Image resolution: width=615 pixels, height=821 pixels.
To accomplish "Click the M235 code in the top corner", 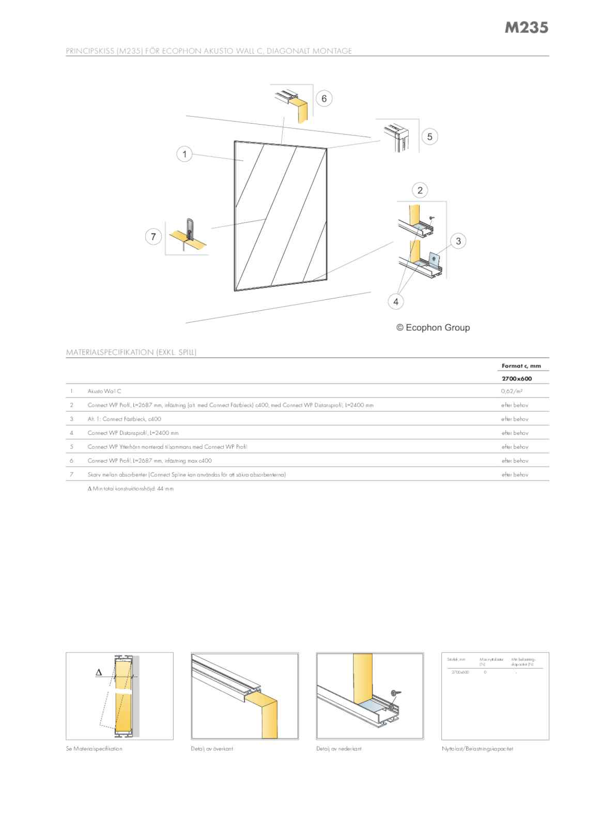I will point(526,27).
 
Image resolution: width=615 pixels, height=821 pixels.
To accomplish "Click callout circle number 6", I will point(324,99).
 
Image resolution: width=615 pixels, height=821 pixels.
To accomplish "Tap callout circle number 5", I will point(429,136).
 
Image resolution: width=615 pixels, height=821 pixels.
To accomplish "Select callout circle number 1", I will point(185,154).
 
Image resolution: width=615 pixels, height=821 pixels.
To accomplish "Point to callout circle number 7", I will point(153,237).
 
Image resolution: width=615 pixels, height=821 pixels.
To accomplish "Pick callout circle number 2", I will point(420,190).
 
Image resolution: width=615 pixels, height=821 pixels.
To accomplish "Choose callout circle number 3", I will point(458,241).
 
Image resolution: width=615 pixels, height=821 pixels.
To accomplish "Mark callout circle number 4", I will point(396,301).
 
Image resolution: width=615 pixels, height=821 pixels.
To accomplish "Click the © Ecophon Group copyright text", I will point(433,327).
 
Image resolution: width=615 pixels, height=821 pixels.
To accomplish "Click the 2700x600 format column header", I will point(517,378).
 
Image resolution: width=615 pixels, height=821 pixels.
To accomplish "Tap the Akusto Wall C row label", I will point(104,391).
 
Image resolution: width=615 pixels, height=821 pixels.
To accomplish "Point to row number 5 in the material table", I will point(71,447).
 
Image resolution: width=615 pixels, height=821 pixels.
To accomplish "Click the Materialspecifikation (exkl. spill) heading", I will point(131,353).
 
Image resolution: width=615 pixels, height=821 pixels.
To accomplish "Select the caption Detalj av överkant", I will point(212,749).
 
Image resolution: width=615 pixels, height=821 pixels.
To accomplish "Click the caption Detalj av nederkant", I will point(339,749).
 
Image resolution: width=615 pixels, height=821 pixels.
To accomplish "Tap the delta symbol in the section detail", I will point(99,673).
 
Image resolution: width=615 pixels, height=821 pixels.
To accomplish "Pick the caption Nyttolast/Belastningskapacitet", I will point(478,749).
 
